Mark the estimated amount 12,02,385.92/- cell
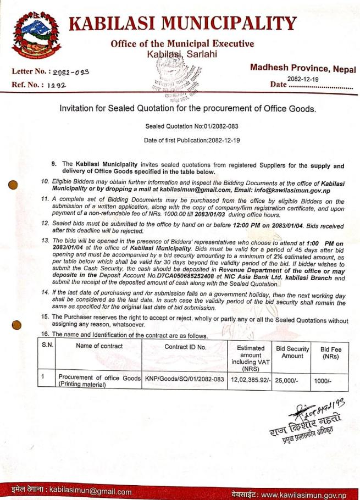point(250,379)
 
